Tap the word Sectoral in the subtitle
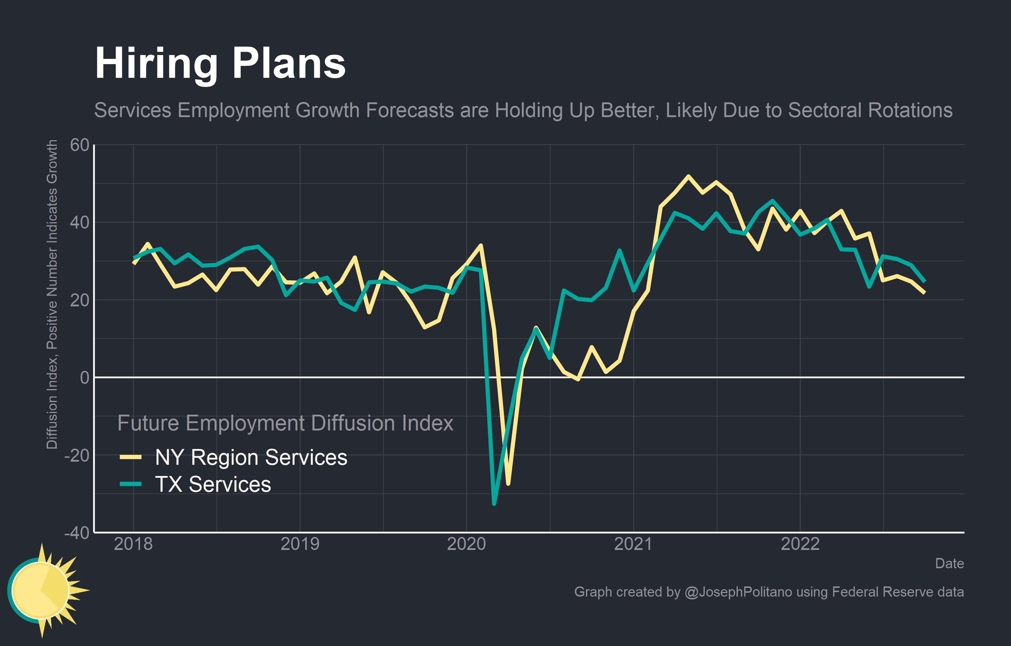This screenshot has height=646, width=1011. (823, 110)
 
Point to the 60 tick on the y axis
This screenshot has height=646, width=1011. (80, 145)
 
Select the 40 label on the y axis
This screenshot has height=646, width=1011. (80, 223)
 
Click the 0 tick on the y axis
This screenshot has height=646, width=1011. (84, 378)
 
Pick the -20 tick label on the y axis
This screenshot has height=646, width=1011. (77, 455)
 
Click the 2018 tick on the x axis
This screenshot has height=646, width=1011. (133, 544)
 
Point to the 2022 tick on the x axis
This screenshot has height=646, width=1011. (800, 544)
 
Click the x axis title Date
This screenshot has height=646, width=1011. (949, 564)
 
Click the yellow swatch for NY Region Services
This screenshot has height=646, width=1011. (131, 457)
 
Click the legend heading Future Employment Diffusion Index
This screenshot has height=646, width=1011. (285, 423)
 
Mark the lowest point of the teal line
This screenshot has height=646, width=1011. (494, 504)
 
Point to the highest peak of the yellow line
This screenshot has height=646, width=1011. (688, 176)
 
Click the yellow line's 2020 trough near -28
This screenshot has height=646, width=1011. (508, 484)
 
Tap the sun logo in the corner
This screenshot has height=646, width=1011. (42, 590)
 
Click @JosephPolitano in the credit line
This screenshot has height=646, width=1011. (738, 592)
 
